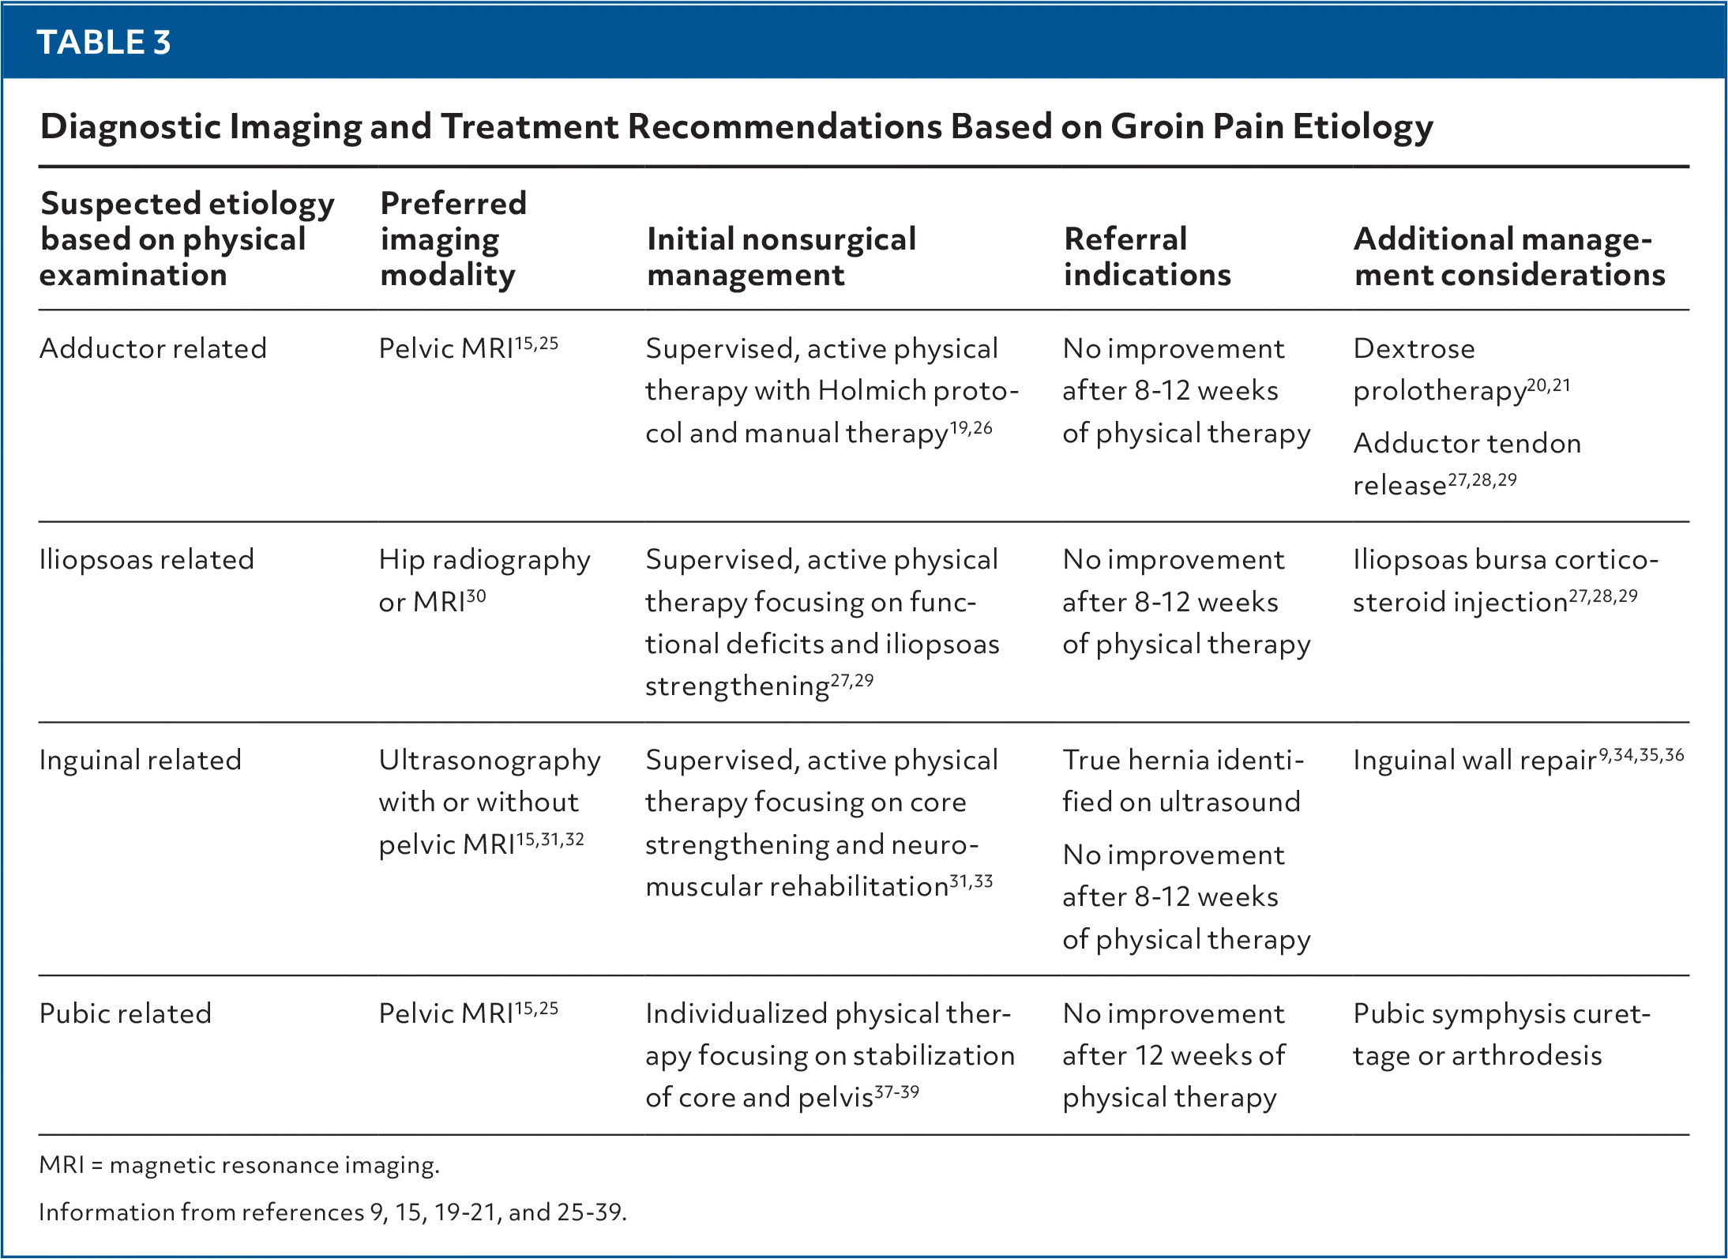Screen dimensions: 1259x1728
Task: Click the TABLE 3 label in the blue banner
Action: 103,42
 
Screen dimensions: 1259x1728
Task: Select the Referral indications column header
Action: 1147,257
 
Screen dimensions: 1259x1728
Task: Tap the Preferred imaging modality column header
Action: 453,239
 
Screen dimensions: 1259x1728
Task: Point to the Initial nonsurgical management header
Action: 781,257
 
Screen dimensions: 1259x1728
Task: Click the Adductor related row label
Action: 153,348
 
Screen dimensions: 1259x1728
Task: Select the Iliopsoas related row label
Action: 147,559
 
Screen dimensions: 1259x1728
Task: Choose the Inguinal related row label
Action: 141,760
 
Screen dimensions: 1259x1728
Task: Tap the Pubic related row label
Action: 126,1013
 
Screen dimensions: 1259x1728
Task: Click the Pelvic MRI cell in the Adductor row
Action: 468,348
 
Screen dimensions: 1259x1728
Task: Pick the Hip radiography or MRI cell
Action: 483,581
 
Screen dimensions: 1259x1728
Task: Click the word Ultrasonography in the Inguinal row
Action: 490,760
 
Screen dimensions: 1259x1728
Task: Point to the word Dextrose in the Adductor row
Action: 1414,348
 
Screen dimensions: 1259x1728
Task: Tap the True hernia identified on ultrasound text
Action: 1181,780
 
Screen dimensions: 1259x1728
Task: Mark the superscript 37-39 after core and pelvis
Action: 896,1092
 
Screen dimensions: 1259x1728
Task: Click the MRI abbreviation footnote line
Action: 239,1165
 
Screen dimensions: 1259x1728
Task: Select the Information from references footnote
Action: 332,1212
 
